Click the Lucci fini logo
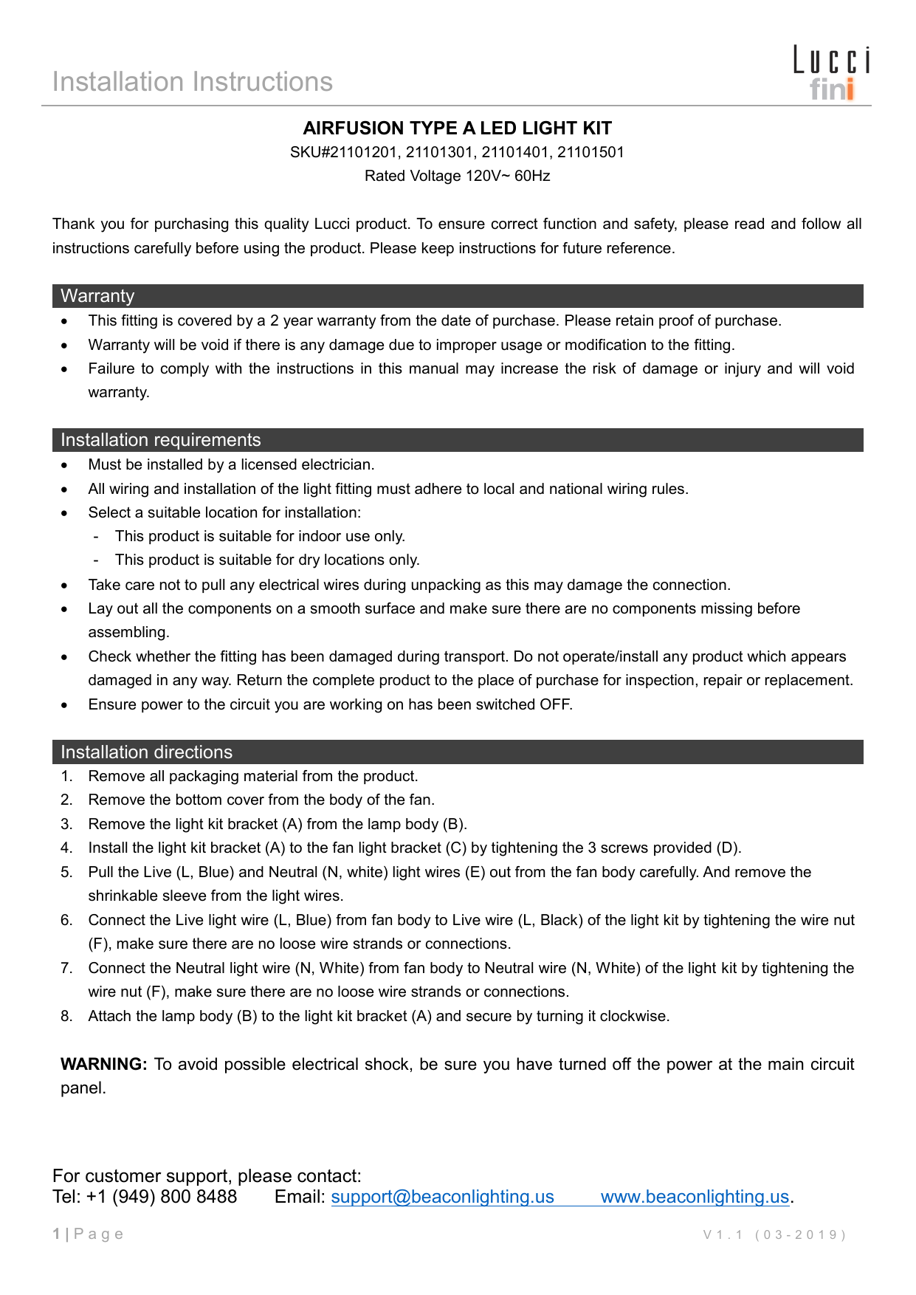pos(831,73)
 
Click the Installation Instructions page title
pos(193,82)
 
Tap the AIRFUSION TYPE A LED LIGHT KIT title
pos(458,128)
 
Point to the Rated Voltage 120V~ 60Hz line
pos(458,176)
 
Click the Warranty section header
pos(97,296)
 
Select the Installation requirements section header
pos(160,440)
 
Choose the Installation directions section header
pos(146,752)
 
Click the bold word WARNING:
pos(104,1065)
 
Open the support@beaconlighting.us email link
pos(442,1197)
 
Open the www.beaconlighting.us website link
pos(695,1197)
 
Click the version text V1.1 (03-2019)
pos(774,1234)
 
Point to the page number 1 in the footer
pos(57,1234)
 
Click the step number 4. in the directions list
pos(67,848)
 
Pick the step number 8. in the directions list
pos(67,1017)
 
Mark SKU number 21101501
pos(590,153)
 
